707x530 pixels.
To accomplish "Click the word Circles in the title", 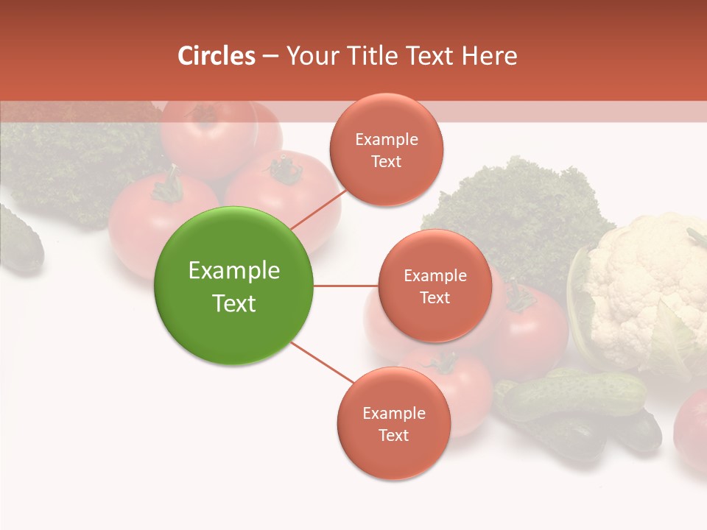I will [216, 56].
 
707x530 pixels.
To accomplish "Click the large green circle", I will [233, 286].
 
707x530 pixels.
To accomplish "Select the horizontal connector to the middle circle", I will [345, 286].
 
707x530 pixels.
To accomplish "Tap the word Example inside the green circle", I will [233, 271].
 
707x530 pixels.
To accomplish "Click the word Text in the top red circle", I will [386, 162].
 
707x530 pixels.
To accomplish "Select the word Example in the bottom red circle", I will [393, 413].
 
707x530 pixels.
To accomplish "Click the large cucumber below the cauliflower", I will [574, 394].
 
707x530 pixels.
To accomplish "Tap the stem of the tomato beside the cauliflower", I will [520, 298].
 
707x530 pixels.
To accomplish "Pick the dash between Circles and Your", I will [270, 57].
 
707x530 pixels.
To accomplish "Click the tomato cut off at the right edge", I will [692, 431].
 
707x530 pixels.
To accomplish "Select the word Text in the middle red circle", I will [435, 298].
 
